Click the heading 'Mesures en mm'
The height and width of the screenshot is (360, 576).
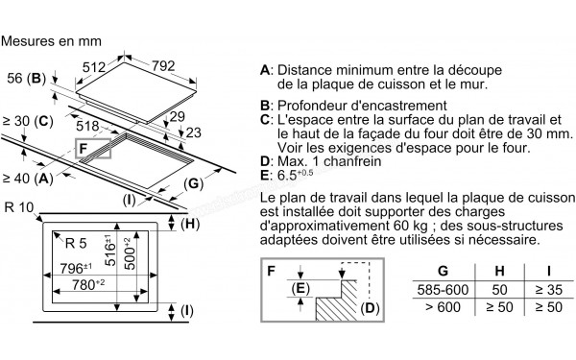pos(51,42)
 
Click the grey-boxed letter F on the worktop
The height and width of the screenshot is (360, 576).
pos(84,150)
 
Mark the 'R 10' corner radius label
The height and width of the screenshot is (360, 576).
pos(18,208)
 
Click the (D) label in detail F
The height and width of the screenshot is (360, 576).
pos(372,310)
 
